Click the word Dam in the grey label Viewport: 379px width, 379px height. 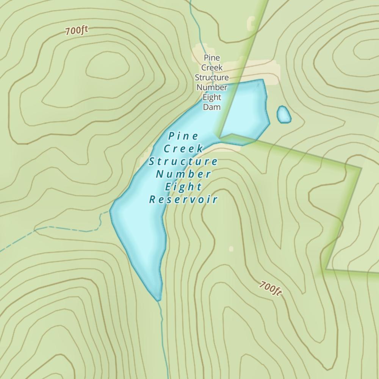coord(211,107)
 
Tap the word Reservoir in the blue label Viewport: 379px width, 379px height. coord(183,199)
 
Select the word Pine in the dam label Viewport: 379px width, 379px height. coord(211,58)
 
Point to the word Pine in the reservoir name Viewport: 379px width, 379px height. coord(183,136)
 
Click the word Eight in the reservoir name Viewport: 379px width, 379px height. coord(183,186)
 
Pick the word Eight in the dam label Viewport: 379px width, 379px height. coord(211,97)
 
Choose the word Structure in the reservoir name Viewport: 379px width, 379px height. coord(183,161)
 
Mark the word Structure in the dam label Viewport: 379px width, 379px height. coord(211,78)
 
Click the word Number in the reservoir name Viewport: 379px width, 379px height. coord(183,174)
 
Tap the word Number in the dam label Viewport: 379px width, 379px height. coord(211,88)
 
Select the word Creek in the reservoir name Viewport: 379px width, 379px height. coord(183,149)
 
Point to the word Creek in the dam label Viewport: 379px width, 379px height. coord(211,68)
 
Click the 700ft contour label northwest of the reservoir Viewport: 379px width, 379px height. coord(77,31)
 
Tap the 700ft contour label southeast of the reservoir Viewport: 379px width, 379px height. coord(271,288)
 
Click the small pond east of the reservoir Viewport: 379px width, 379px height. coord(284,114)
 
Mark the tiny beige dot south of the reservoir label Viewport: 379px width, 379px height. coord(231,249)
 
